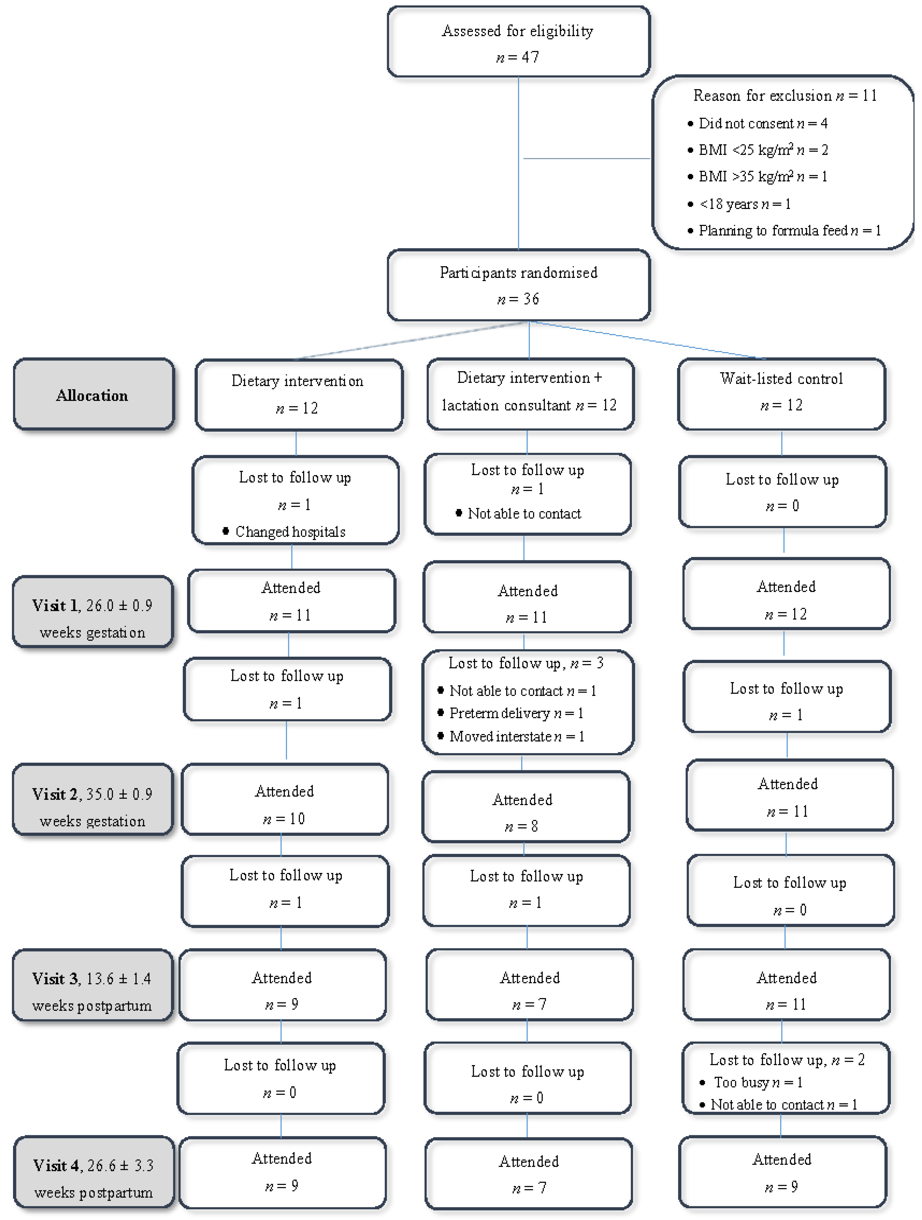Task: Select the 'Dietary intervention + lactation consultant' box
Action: click(x=529, y=393)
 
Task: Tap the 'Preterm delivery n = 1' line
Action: click(x=516, y=713)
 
